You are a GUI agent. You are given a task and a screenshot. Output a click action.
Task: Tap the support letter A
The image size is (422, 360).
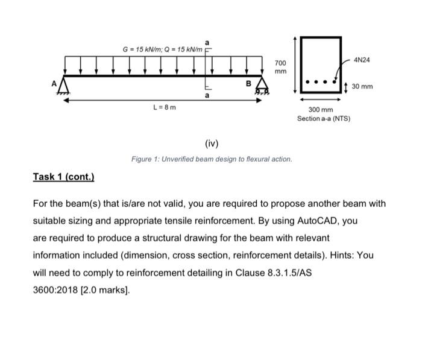[x=54, y=84]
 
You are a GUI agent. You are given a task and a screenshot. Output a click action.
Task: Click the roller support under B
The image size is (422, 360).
[x=262, y=90]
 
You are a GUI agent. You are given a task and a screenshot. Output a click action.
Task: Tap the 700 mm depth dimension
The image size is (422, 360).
[x=281, y=67]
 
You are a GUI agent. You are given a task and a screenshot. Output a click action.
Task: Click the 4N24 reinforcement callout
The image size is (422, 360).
[x=364, y=60]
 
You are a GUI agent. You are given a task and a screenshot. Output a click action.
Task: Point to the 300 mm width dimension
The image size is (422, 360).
[x=320, y=110]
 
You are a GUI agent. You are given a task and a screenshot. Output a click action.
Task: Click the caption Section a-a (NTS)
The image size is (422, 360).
[x=323, y=118]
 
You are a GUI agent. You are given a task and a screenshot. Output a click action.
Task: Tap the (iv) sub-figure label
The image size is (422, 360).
[x=212, y=144]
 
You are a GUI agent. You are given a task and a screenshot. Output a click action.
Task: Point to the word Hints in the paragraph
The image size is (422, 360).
[x=339, y=255]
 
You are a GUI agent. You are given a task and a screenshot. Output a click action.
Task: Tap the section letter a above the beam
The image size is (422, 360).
[x=207, y=42]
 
